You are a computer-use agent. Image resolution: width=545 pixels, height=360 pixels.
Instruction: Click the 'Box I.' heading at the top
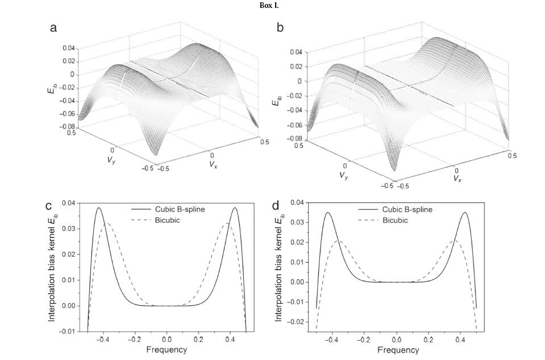tap(272, 5)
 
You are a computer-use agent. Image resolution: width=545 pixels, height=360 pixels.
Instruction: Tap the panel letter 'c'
tap(49, 205)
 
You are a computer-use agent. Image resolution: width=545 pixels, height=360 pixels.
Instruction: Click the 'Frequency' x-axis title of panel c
tap(167, 350)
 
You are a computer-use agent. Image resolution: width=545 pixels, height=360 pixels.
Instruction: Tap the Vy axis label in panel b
tap(344, 176)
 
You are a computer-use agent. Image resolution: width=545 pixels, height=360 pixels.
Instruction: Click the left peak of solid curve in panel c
tap(98, 208)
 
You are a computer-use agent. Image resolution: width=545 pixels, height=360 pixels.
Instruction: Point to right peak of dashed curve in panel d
tap(453, 241)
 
